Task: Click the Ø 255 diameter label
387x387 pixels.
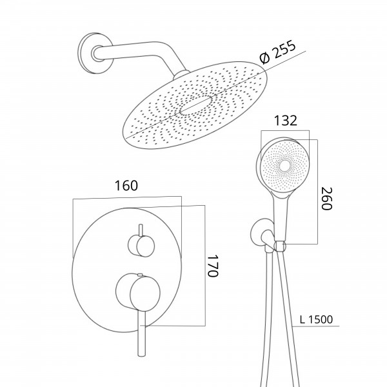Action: click(x=277, y=52)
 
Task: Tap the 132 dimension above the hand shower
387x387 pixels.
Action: click(x=286, y=121)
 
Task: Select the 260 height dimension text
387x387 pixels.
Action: click(x=326, y=199)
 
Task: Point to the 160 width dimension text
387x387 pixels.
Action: click(x=126, y=186)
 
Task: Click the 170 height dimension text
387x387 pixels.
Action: click(x=212, y=266)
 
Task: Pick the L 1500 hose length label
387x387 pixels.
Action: click(x=316, y=319)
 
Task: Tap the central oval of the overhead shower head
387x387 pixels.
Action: click(x=195, y=106)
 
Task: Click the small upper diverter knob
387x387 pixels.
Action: click(x=141, y=246)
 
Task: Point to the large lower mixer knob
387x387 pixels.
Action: click(x=138, y=292)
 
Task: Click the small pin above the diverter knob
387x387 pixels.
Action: click(x=141, y=230)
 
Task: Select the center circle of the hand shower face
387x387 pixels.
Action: click(x=285, y=165)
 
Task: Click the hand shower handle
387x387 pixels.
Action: click(x=281, y=217)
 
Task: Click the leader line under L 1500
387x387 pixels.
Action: click(x=316, y=326)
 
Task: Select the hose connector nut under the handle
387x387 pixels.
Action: click(x=280, y=246)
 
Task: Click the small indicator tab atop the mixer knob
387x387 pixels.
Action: click(x=140, y=274)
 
